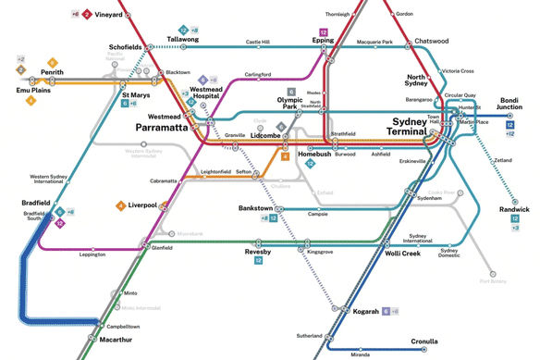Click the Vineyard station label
(x=109, y=15)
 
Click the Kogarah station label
(x=366, y=312)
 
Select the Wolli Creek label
(x=402, y=253)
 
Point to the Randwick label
(x=514, y=209)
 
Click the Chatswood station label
(x=431, y=42)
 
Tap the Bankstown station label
(x=256, y=208)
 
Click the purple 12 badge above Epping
(x=324, y=32)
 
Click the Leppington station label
(x=92, y=254)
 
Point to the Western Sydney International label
(x=51, y=178)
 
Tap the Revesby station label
(x=258, y=252)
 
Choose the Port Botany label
(x=493, y=281)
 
